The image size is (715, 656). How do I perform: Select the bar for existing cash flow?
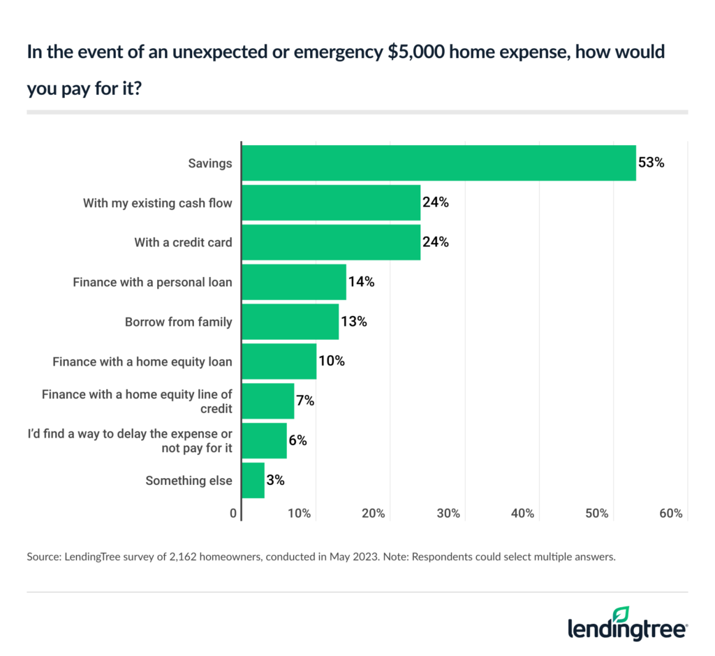(x=331, y=202)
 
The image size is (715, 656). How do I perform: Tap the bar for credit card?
(x=331, y=242)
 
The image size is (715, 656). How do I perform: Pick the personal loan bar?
(x=294, y=282)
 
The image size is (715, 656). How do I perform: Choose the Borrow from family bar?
(x=290, y=322)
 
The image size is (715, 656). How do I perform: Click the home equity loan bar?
(x=279, y=361)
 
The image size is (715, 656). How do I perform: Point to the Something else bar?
(x=253, y=480)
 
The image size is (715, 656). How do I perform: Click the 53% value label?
(x=651, y=163)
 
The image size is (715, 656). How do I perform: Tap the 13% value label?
(x=353, y=322)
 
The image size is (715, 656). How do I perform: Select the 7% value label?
(x=305, y=401)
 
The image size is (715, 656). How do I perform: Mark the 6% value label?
(x=297, y=440)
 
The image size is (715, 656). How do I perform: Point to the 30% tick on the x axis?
(x=448, y=514)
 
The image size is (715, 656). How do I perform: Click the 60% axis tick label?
(x=670, y=514)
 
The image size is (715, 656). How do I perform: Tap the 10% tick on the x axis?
(x=299, y=514)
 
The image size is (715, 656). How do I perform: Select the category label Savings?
(x=210, y=163)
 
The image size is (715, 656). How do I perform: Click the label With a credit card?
(x=183, y=242)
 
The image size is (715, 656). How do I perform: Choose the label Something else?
(x=189, y=480)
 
